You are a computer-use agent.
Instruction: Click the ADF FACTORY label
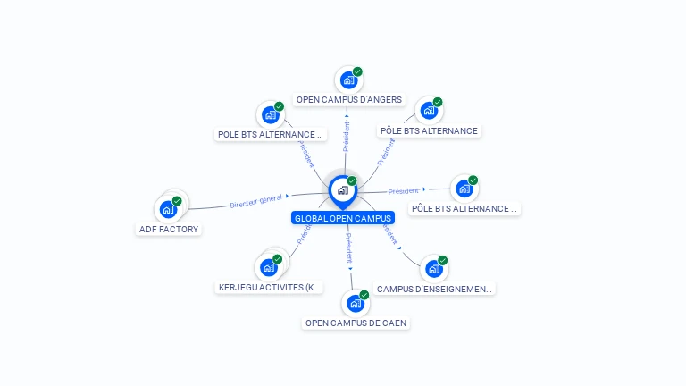[x=169, y=229]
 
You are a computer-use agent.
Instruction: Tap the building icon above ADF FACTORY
[x=168, y=210]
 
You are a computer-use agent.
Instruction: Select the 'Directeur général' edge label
[x=255, y=201]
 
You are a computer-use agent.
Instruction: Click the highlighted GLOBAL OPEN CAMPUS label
[x=342, y=218]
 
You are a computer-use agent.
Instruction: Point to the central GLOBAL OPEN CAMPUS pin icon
[x=342, y=190]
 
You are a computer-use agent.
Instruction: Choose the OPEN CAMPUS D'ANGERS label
[x=348, y=100]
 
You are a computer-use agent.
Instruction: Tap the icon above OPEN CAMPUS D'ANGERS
[x=348, y=80]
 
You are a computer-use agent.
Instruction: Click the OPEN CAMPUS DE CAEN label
[x=356, y=323]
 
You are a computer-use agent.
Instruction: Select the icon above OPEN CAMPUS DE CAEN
[x=356, y=303]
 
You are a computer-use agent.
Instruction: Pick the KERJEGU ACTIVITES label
[x=269, y=288]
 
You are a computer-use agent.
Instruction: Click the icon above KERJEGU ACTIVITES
[x=269, y=267]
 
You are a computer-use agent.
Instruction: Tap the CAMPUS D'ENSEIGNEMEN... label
[x=434, y=289]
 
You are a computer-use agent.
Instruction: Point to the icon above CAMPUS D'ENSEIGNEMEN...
[x=433, y=269]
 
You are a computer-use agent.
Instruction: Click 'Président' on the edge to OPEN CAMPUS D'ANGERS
[x=347, y=135]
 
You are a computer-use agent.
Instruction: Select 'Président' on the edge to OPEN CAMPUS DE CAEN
[x=349, y=248]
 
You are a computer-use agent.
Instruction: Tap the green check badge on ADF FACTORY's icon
[x=177, y=201]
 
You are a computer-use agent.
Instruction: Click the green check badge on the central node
[x=352, y=180]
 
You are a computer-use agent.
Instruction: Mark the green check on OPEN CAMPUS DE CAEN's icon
[x=364, y=294]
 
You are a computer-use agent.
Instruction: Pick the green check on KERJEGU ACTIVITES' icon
[x=278, y=258]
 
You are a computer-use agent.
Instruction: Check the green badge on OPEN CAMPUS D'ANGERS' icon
[x=357, y=71]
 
